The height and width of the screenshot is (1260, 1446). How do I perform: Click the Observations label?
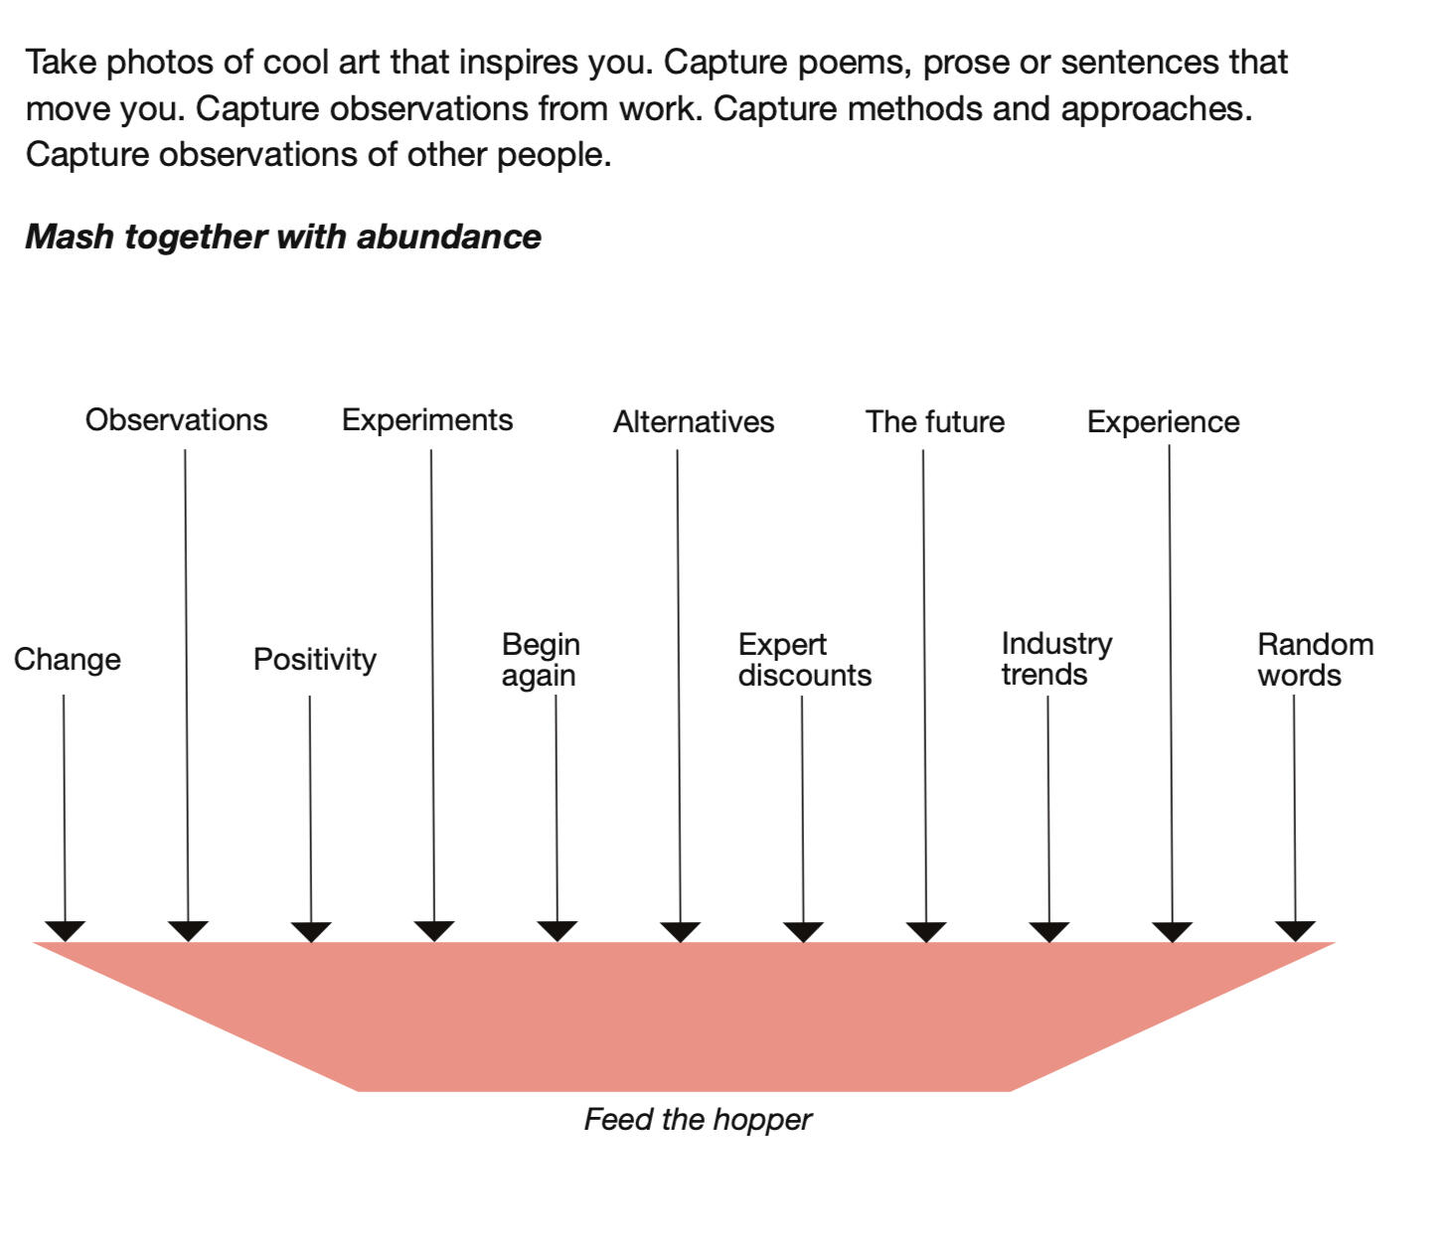click(176, 420)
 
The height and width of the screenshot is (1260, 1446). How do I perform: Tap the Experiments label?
click(427, 420)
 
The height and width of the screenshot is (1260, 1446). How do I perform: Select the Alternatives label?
click(694, 422)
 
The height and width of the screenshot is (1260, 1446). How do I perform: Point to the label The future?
click(934, 422)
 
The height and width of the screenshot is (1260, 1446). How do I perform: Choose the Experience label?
click(1163, 422)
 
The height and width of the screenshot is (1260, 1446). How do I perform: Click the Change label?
click(68, 660)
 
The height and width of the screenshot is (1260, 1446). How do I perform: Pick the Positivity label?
click(314, 660)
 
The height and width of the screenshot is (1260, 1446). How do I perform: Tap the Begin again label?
click(541, 660)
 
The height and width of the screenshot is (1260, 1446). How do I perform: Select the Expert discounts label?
click(804, 660)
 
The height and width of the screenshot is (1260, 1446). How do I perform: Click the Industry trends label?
click(1055, 659)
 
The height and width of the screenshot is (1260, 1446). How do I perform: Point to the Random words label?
click(1314, 660)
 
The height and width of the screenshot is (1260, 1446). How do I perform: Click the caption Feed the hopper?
click(698, 1120)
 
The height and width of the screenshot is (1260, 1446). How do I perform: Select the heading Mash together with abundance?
click(283, 236)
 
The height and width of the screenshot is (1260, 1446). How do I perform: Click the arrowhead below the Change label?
click(66, 931)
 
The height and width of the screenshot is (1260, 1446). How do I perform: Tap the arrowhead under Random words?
click(1295, 931)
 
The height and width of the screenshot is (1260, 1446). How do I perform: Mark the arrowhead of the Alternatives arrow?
click(681, 931)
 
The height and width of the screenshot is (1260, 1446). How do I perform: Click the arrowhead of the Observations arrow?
click(188, 931)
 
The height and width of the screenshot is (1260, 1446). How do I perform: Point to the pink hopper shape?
click(684, 1014)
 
